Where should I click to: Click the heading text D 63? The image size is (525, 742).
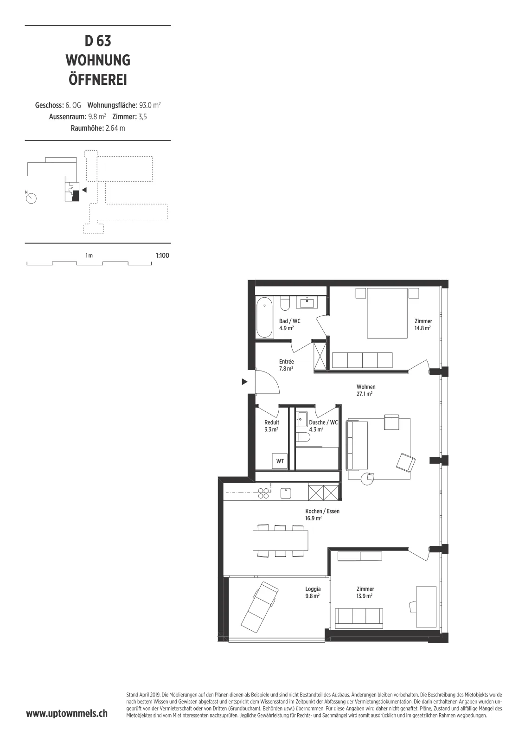point(98,41)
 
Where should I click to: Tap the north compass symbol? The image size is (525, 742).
point(31,198)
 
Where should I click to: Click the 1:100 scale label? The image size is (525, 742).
point(162,256)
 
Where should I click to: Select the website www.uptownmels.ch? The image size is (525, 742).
point(67,714)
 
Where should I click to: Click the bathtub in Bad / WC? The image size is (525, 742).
point(265,317)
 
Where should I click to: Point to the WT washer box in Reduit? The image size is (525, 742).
point(280,461)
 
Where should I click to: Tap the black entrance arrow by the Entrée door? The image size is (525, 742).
point(244,382)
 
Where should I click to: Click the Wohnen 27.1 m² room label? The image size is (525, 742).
point(365,390)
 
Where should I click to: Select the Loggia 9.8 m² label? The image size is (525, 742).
point(313,592)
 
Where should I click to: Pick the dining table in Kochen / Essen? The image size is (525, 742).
point(280,540)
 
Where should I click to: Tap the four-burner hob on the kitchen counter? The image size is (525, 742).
point(263,493)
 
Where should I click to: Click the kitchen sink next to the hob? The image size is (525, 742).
point(286,493)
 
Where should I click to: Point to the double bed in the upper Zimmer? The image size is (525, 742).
point(387,313)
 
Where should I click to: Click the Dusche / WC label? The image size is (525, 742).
point(323,422)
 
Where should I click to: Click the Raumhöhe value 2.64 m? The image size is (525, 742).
point(115,128)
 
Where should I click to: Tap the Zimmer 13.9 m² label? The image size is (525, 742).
point(365,592)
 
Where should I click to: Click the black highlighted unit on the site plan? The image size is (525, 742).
point(76,196)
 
